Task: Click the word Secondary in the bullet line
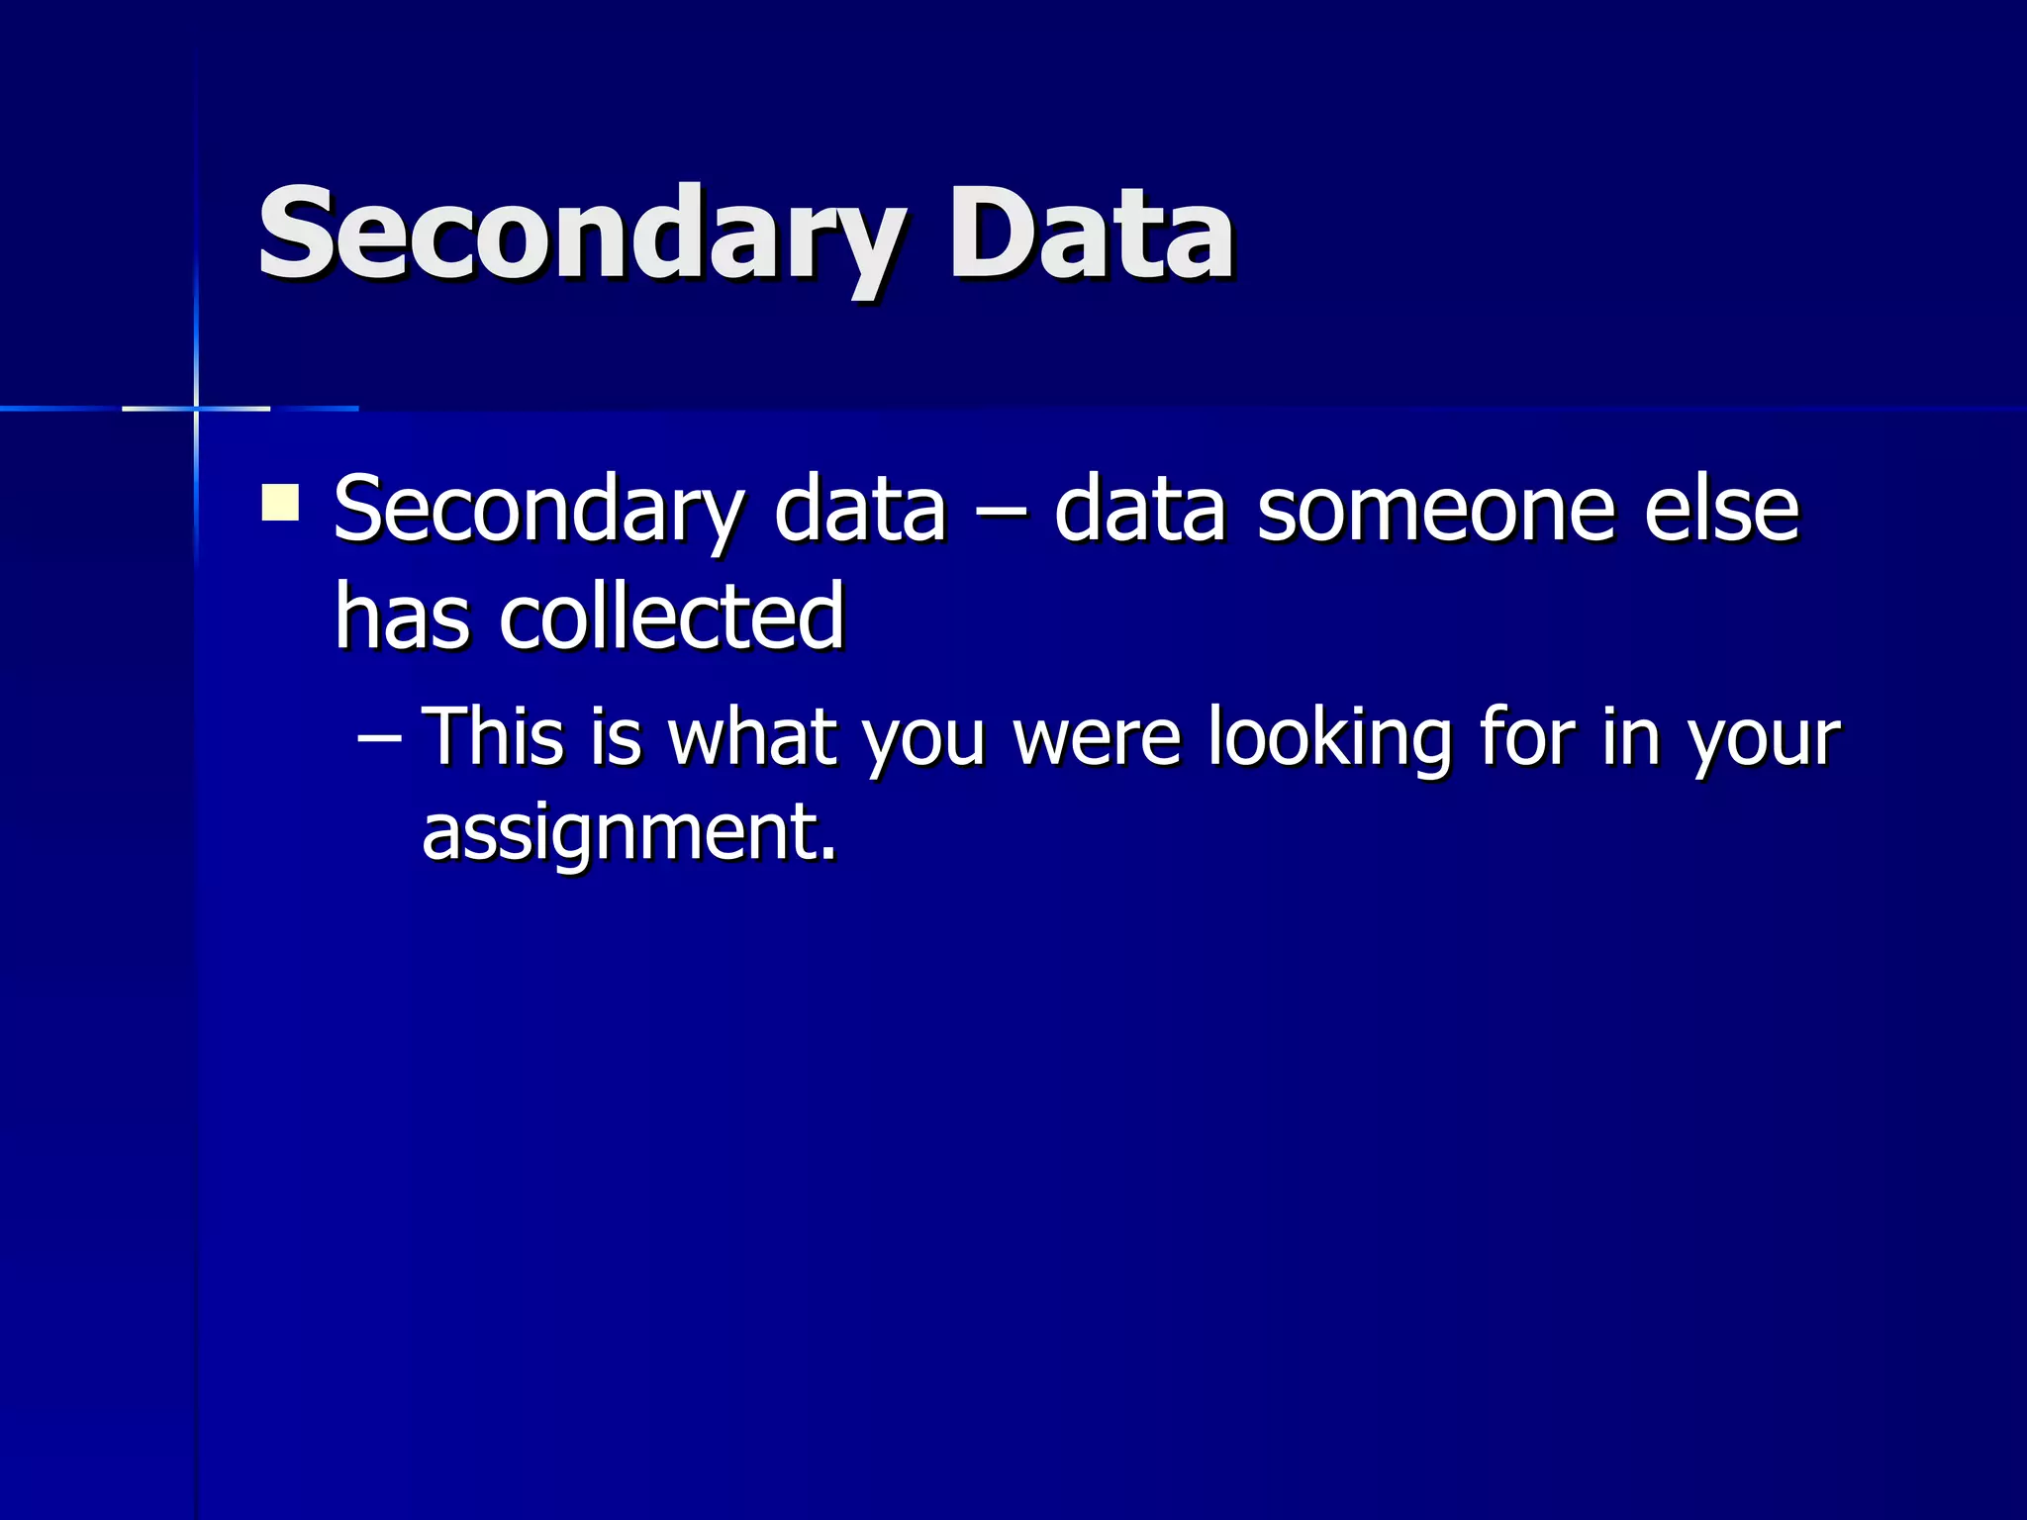point(539,511)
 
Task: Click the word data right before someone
point(1140,511)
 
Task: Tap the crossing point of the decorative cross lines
point(196,408)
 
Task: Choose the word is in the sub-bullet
point(616,736)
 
